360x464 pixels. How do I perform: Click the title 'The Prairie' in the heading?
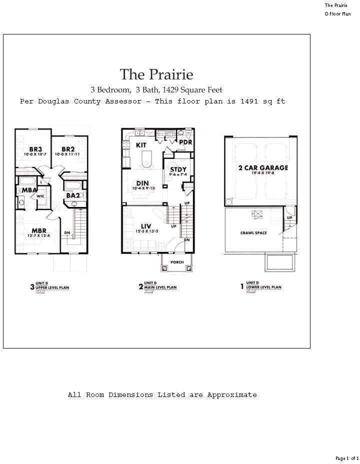point(156,74)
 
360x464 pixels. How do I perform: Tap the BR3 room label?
point(35,149)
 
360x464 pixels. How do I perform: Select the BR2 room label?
point(68,149)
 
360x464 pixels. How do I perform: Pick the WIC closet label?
point(40,196)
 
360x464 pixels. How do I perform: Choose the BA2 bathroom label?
point(73,195)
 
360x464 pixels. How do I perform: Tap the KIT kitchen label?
point(141,145)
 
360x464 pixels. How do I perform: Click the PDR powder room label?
point(185,142)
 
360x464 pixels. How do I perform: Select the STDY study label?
point(178,169)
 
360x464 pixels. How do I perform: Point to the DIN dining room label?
point(143,183)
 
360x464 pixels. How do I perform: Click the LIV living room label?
point(146,226)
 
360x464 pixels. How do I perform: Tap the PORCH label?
point(177,262)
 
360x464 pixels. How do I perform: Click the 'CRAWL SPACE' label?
point(253,233)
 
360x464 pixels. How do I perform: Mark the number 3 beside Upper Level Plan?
point(32,287)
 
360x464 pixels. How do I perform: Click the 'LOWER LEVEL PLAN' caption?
point(263,288)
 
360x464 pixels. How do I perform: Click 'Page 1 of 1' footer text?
point(346,458)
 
